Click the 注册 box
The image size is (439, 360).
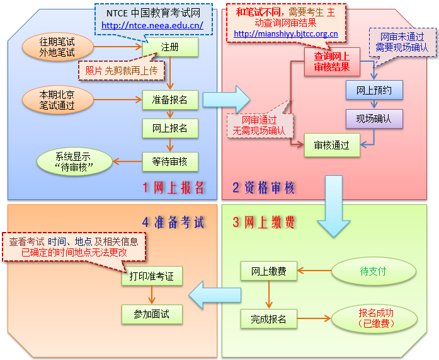pyautogui.click(x=170, y=47)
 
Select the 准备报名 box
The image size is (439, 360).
pyautogui.click(x=170, y=100)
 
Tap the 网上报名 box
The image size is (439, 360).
pyautogui.click(x=170, y=128)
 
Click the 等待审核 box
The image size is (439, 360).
pyautogui.click(x=170, y=162)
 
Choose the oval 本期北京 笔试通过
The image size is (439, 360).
pyautogui.click(x=57, y=100)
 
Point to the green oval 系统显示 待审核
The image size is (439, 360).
pyautogui.click(x=74, y=161)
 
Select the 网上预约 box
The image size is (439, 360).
pyautogui.click(x=373, y=90)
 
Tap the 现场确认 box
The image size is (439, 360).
pyautogui.click(x=373, y=118)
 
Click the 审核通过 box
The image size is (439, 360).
pyautogui.click(x=331, y=145)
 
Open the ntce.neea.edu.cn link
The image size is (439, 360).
pyautogui.click(x=152, y=26)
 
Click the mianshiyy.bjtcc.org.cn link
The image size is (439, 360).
pyautogui.click(x=285, y=34)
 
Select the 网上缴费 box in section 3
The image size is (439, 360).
pyautogui.click(x=268, y=271)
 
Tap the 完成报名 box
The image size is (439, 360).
pyautogui.click(x=268, y=319)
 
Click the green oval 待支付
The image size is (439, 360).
pyautogui.click(x=373, y=271)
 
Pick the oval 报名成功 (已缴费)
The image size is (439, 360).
pyautogui.click(x=375, y=318)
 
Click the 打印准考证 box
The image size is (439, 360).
pyautogui.click(x=151, y=276)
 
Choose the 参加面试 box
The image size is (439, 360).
pyautogui.click(x=151, y=313)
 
